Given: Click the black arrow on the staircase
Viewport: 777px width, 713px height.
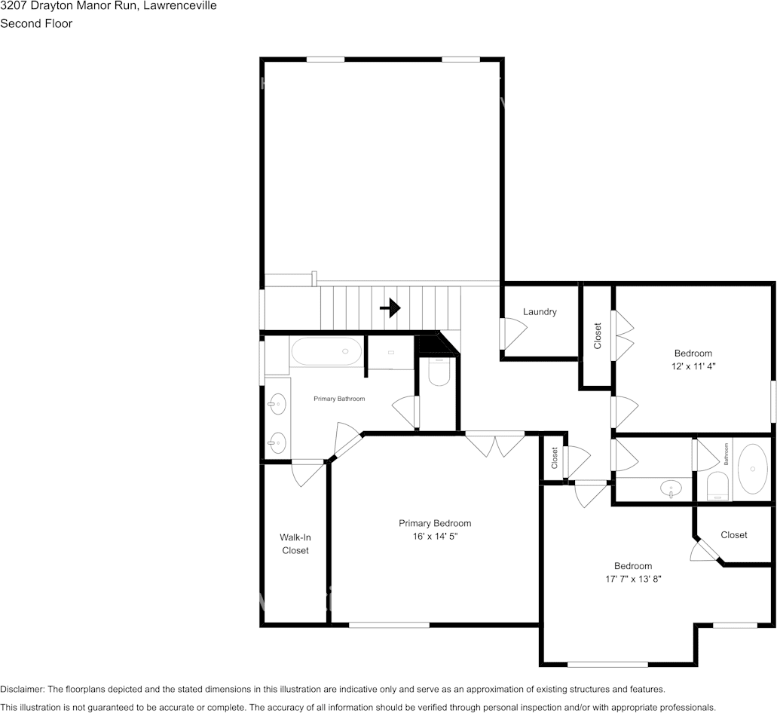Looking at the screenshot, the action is [x=390, y=308].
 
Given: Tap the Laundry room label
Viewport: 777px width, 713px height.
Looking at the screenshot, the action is [x=540, y=312].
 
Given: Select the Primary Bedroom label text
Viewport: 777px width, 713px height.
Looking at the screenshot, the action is [x=435, y=523].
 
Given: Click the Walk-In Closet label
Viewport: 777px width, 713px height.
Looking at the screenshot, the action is [x=295, y=543].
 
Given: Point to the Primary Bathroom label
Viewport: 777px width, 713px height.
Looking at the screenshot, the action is [x=339, y=399].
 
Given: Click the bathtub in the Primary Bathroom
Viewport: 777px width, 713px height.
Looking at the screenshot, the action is [x=326, y=351].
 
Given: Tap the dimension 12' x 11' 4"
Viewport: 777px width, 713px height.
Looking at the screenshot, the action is [x=693, y=366].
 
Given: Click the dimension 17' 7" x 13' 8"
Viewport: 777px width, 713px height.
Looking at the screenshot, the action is [x=633, y=579].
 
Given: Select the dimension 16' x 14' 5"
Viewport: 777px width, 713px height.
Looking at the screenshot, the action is [x=435, y=536].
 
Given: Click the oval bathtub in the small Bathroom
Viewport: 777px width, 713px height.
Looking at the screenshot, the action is [x=753, y=468].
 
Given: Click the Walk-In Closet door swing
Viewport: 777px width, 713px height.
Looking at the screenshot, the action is [x=307, y=473].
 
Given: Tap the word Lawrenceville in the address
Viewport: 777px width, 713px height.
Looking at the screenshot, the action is [x=180, y=6].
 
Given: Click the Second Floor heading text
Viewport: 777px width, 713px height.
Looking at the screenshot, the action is [x=36, y=23].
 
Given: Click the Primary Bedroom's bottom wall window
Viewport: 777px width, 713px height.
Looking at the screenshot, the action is [x=389, y=625].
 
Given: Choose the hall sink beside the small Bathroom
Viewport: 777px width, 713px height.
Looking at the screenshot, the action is [x=671, y=488].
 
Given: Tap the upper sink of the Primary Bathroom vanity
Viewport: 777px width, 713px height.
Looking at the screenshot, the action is [x=277, y=404].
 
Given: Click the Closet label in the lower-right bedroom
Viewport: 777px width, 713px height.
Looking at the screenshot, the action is [x=734, y=535].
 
